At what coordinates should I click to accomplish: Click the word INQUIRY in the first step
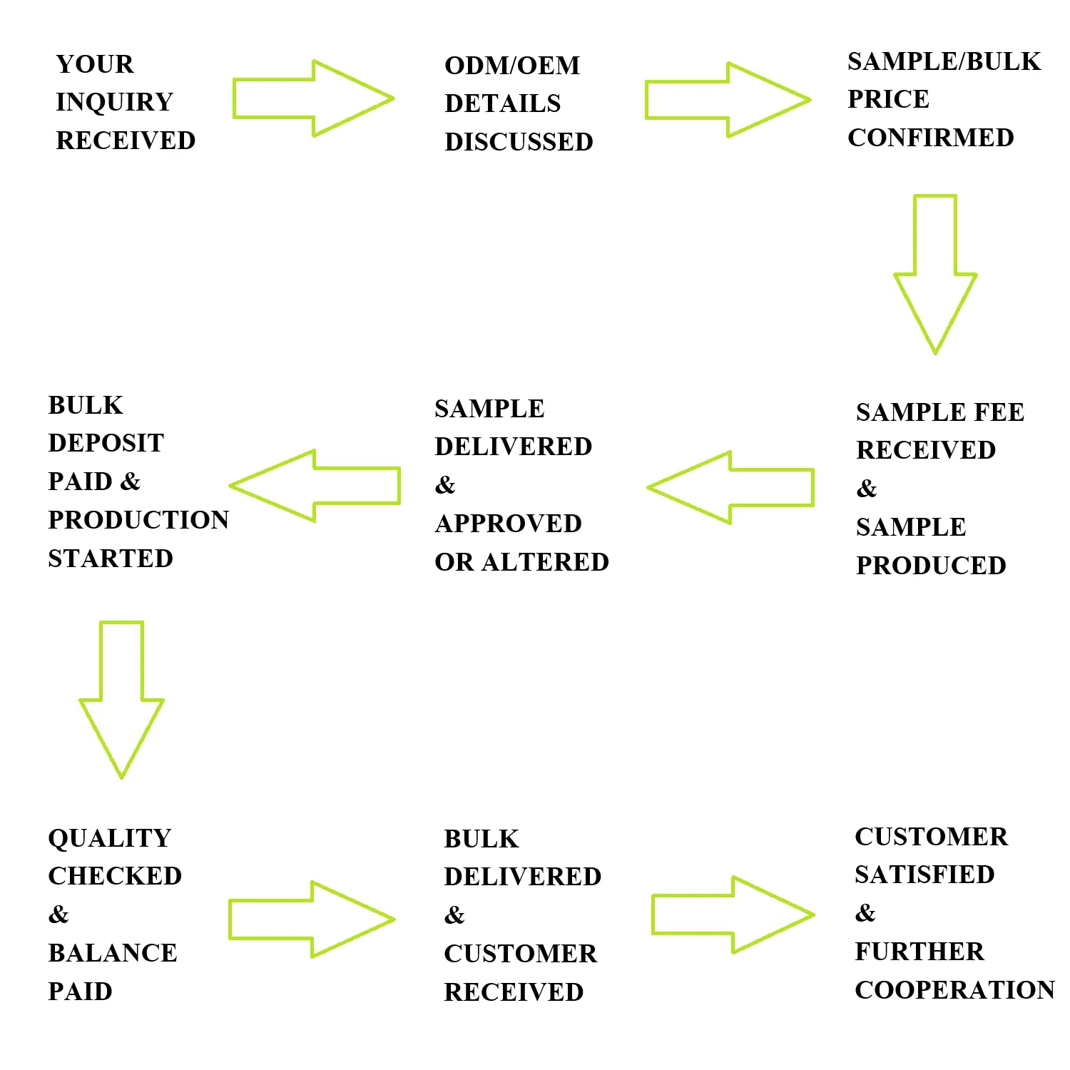(114, 102)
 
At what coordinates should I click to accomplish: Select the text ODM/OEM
(511, 66)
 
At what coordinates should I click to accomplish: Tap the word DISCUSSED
(519, 142)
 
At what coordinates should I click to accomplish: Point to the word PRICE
(888, 99)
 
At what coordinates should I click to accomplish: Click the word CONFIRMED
(930, 138)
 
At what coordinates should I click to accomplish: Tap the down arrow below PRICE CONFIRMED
(934, 275)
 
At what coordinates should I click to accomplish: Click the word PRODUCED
(931, 566)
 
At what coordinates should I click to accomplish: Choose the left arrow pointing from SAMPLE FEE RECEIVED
(731, 487)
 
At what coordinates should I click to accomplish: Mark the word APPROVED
(508, 524)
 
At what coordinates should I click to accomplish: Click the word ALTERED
(546, 562)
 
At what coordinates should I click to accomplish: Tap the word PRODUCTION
(138, 520)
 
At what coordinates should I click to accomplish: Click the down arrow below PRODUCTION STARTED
(121, 699)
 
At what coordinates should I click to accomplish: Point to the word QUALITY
(109, 838)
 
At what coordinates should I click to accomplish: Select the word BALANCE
(112, 953)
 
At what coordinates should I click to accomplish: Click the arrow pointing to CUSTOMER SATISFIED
(732, 915)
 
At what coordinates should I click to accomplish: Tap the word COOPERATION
(954, 990)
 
